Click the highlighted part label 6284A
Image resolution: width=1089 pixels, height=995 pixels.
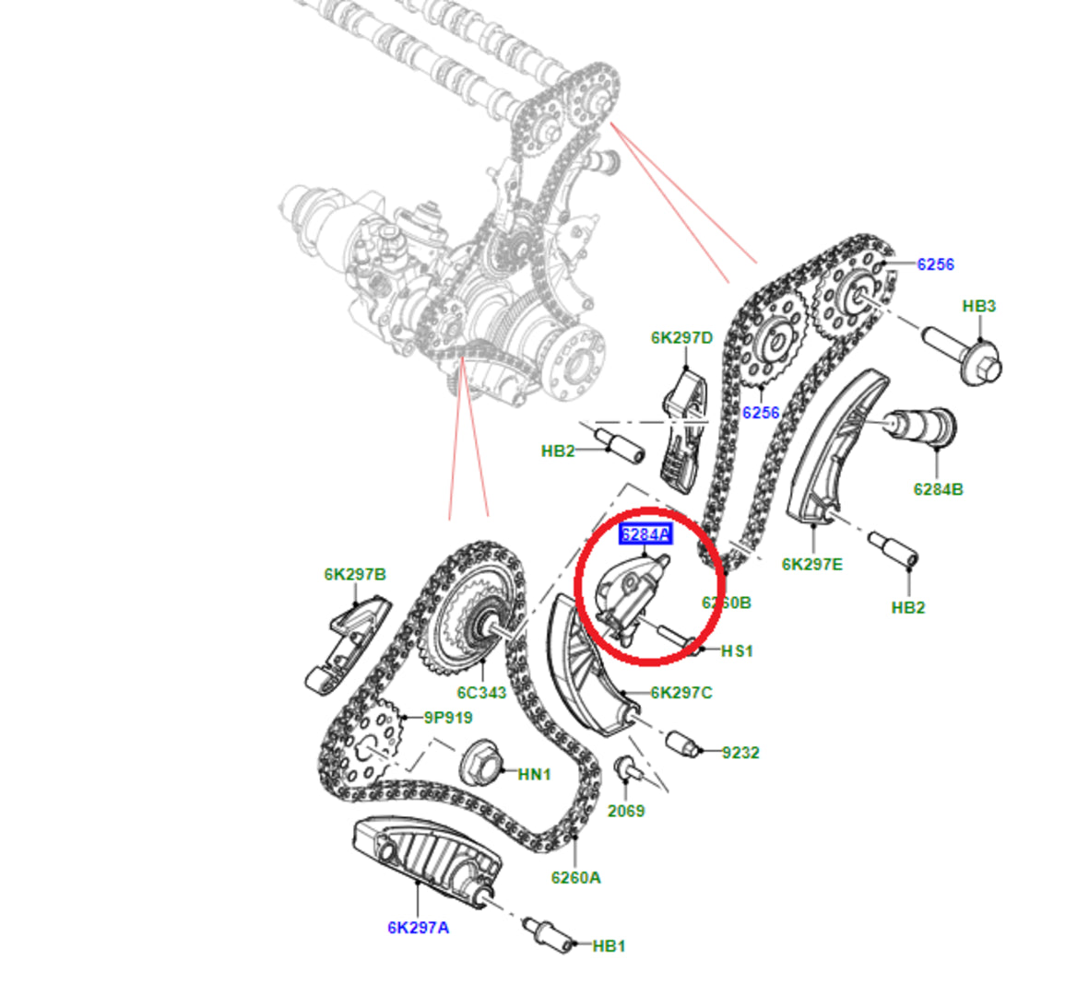(x=645, y=534)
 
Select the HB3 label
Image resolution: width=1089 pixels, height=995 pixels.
(x=978, y=306)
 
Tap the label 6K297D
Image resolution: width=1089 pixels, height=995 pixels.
(x=681, y=338)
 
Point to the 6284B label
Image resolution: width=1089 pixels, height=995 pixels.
(x=938, y=489)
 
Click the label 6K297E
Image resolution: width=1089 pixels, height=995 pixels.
(x=811, y=564)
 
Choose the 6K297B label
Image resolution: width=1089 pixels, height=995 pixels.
(x=354, y=574)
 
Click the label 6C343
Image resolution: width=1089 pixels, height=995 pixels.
(x=481, y=692)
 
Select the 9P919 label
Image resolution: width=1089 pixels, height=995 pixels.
(x=448, y=717)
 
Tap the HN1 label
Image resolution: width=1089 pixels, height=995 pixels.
(x=534, y=774)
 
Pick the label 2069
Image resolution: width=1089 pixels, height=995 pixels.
(x=625, y=811)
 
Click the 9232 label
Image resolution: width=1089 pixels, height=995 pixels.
(x=740, y=753)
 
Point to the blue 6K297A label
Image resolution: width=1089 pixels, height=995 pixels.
(x=418, y=927)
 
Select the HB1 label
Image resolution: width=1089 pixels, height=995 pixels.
(x=609, y=945)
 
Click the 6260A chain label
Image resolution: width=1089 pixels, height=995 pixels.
(x=575, y=877)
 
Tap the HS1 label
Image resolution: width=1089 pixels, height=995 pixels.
(x=736, y=650)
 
